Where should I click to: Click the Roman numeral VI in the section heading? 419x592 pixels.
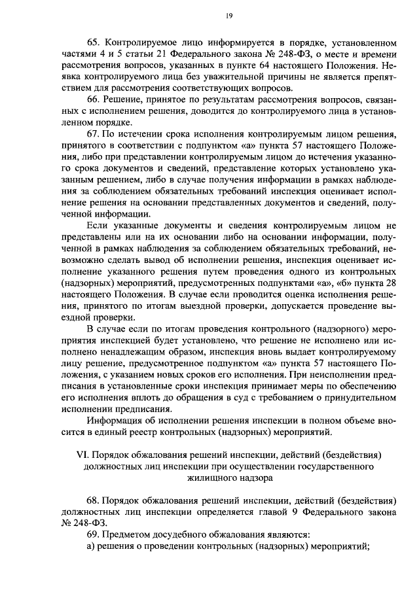(82, 455)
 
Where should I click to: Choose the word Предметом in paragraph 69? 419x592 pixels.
(127, 534)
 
